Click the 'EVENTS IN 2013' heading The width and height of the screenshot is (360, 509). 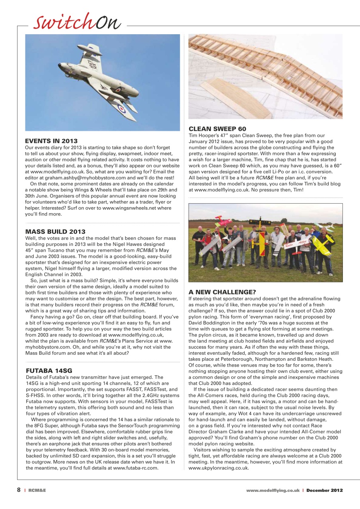point(51,141)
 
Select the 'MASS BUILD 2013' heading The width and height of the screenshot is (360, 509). point(55,231)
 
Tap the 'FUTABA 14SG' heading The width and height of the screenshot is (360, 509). point(49,371)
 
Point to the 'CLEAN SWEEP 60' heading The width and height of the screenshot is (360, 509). point(217,129)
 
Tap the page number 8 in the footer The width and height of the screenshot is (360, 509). point(19,490)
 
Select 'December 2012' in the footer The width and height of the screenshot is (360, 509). point(324,491)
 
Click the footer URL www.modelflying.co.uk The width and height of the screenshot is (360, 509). point(272,491)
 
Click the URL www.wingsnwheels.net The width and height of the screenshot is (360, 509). point(136,208)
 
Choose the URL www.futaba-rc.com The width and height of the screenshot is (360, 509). point(136,468)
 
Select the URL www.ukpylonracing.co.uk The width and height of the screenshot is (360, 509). point(218,468)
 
